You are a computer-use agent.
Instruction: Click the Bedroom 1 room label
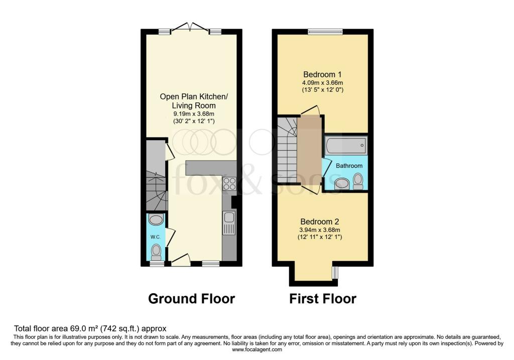pos(323,74)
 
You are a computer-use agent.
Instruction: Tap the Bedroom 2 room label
pos(320,221)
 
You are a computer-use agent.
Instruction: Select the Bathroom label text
pos(349,166)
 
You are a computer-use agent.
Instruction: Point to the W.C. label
pos(156,237)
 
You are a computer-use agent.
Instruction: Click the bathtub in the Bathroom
pos(346,145)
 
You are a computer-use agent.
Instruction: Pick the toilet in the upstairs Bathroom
pos(358,181)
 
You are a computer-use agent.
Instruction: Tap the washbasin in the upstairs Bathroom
pos(341,184)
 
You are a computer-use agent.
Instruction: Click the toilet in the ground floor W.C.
pos(156,253)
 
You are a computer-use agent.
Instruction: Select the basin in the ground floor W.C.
pos(156,219)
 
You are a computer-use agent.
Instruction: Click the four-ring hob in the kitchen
pos(229,184)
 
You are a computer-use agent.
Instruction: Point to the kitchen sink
pos(229,222)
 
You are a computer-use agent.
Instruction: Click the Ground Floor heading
pos(191,299)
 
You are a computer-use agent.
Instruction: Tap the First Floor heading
pos(323,299)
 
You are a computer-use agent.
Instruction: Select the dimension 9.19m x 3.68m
pos(194,114)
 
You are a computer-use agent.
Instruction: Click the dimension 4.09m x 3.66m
pos(323,83)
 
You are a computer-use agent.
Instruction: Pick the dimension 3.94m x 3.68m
pos(320,230)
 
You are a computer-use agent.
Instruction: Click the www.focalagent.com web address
pos(257,349)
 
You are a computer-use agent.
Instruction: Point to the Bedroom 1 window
pos(325,32)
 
